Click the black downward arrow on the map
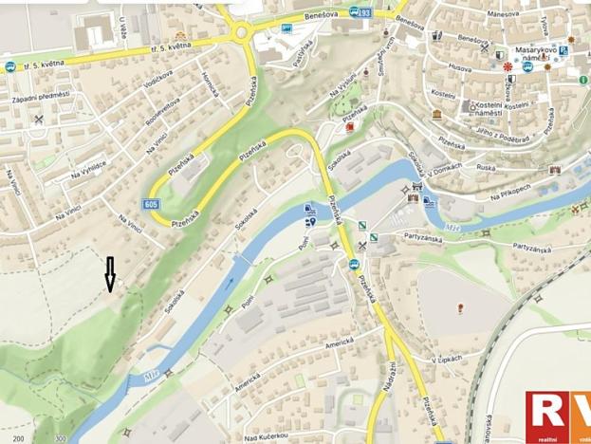pos(110,273)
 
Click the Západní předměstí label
pos(41,96)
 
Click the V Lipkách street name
pos(446,360)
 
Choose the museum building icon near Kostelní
pos(435,114)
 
